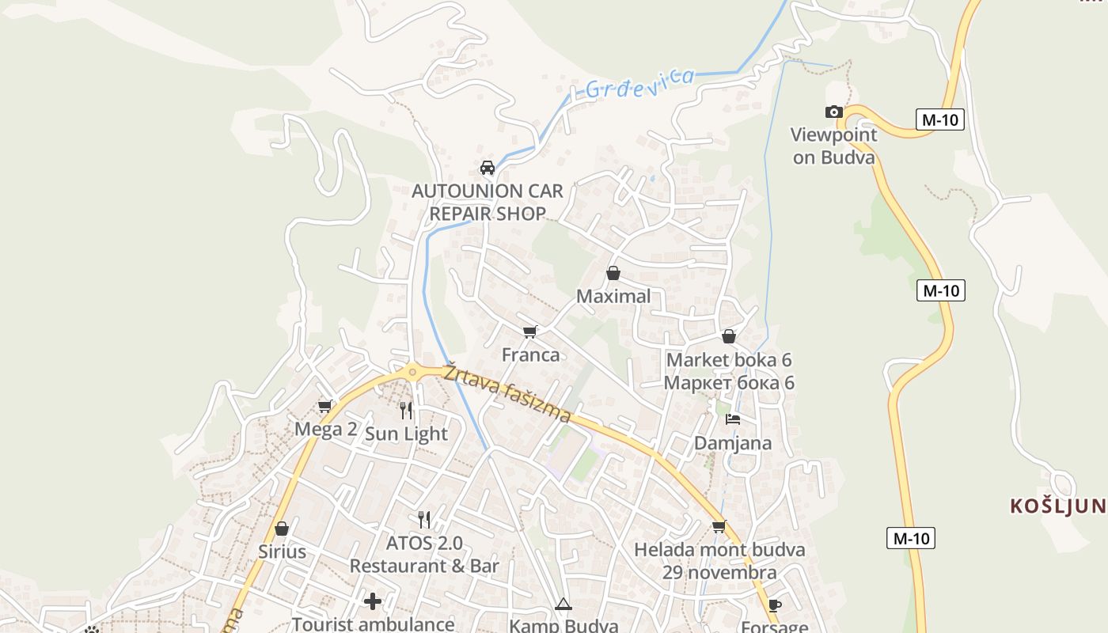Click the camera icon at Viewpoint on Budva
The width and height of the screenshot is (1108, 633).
pos(833,112)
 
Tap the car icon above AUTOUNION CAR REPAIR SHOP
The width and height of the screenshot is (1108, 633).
pos(488,168)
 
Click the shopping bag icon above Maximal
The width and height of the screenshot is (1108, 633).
pos(613,274)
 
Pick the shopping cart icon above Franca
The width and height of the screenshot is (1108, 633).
pos(530,332)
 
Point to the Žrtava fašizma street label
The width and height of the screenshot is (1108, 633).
pos(507,393)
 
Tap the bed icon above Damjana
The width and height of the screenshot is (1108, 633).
pos(733,419)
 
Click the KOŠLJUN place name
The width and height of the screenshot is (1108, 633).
pos(1057,506)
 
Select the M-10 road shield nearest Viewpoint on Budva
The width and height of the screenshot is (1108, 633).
pos(940,120)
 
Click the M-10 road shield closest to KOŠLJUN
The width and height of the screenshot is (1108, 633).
pos(910,539)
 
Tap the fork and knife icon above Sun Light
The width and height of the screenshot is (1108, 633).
pos(406,410)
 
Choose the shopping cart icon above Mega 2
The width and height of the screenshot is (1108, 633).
pos(324,407)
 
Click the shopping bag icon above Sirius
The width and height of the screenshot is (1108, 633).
pos(282,529)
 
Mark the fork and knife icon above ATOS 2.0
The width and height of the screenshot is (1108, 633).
pos(424,520)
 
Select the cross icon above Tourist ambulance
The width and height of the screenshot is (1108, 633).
pos(373,601)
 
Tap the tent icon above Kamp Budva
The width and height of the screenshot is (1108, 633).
pos(563,605)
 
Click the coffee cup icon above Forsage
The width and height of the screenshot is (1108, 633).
pos(775,606)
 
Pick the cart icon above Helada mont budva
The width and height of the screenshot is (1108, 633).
pos(719,526)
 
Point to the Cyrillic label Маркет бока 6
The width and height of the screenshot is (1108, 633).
pos(729,383)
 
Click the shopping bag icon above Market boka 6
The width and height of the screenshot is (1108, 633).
pos(729,337)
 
